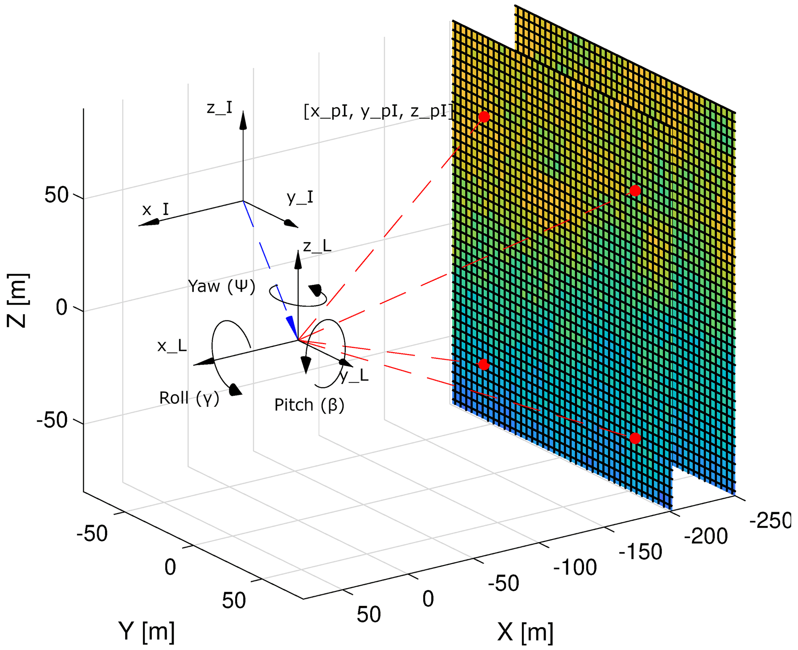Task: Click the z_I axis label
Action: (220, 108)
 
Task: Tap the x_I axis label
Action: (155, 210)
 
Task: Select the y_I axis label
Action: (300, 197)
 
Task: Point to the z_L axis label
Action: (317, 246)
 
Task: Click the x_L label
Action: (172, 346)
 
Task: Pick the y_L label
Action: (354, 375)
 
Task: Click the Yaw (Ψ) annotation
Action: (222, 287)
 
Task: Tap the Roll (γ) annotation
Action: (189, 398)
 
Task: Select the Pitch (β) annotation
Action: (309, 405)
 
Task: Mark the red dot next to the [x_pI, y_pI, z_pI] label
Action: (484, 117)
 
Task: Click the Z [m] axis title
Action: (17, 300)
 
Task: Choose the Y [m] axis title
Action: (147, 631)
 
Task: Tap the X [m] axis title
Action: (525, 632)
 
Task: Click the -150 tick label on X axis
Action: (640, 552)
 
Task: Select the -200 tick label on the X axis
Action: (706, 536)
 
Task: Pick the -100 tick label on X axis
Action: (575, 567)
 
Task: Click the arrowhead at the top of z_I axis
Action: (243, 120)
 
